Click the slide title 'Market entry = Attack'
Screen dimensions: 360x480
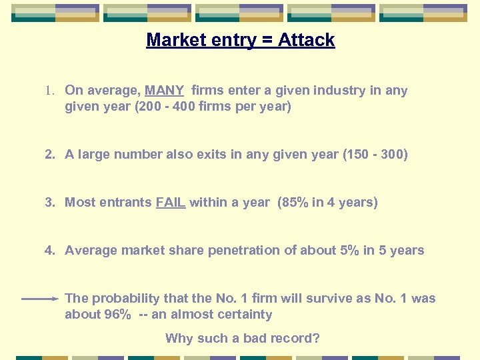pos(240,40)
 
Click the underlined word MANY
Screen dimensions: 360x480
pos(164,91)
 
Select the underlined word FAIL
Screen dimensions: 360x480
pos(171,203)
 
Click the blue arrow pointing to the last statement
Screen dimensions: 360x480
pos(40,299)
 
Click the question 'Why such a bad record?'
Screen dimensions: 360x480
pos(243,338)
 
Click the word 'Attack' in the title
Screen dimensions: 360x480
pos(307,40)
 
